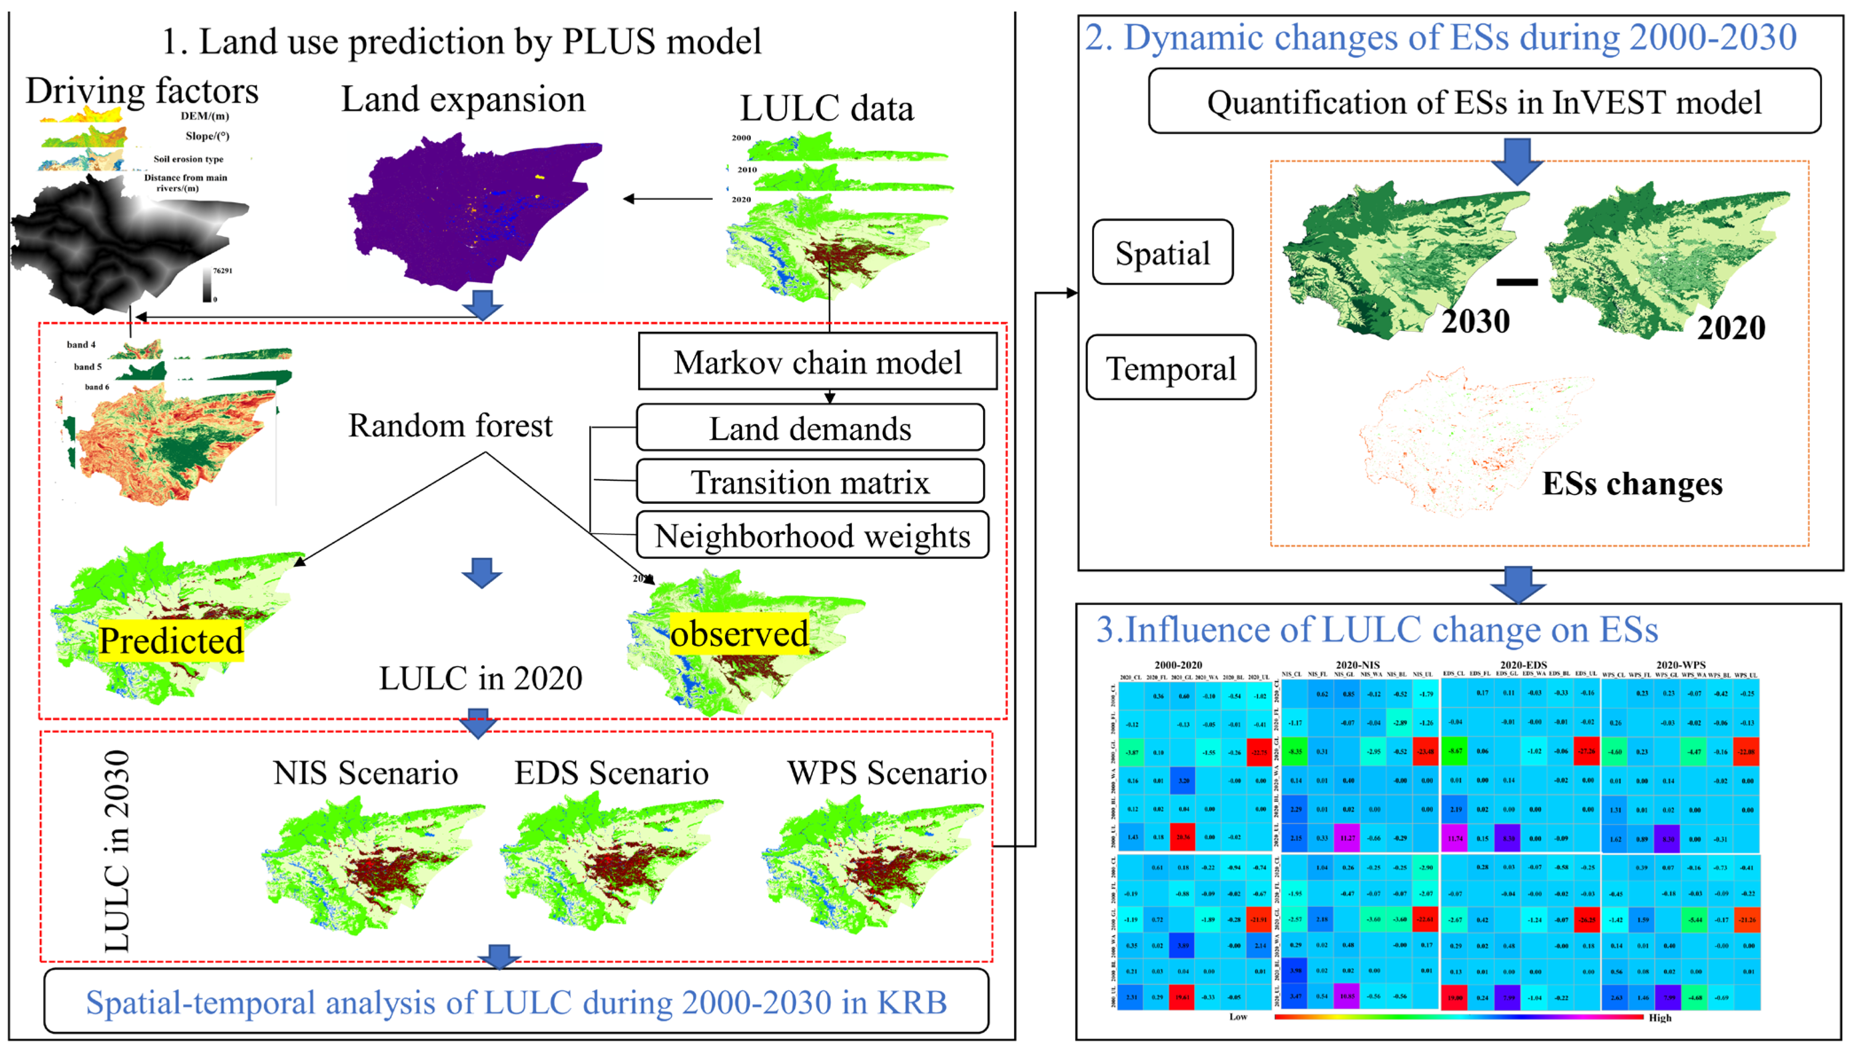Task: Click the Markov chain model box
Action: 817,361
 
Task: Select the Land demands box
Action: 810,428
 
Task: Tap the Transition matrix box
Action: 810,481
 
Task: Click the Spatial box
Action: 1162,253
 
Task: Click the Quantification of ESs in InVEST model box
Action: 1484,102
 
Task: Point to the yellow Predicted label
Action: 172,640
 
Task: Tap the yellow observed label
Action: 739,633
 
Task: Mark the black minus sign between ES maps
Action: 1517,282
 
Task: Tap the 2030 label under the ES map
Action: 1475,321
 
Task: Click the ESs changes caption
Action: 1632,483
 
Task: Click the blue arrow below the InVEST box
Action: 1517,160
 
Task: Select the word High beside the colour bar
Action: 1660,1018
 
